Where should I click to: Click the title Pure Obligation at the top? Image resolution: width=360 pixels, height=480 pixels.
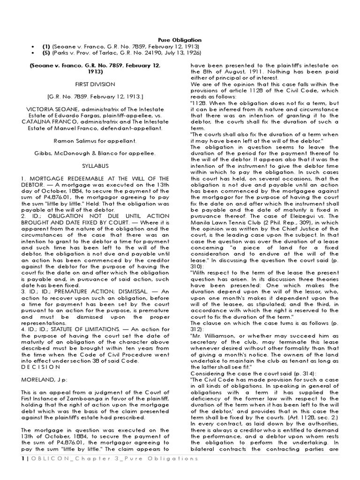point(180,40)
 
